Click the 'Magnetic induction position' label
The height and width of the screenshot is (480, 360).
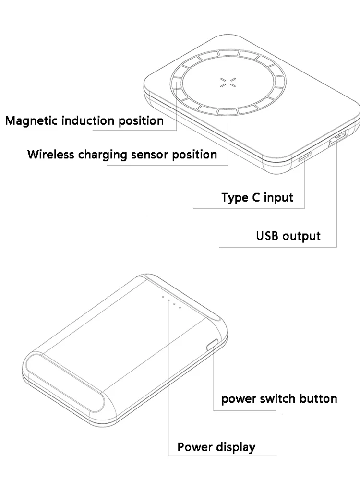84,120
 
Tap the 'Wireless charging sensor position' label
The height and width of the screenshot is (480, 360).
122,155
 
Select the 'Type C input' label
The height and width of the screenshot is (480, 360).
257,197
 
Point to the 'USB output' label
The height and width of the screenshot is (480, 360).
288,236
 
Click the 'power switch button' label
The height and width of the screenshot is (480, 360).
279,398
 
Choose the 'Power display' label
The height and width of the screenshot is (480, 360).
216,447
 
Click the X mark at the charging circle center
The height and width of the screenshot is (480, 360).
224,82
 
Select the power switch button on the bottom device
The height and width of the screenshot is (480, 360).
212,345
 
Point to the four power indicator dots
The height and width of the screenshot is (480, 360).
171,302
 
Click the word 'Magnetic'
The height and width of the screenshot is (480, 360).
29,120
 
